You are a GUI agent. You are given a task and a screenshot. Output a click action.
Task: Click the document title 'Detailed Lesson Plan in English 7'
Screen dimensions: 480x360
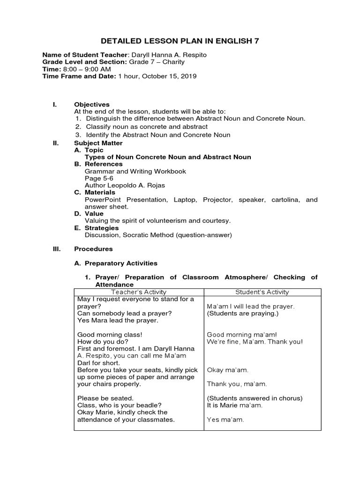tap(180, 41)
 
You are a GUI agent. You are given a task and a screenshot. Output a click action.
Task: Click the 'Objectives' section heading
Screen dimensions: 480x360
tap(92, 104)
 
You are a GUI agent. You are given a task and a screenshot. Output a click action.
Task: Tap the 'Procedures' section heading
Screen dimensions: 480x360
tap(93, 249)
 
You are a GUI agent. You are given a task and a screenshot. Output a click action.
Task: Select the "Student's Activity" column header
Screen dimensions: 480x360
tap(262, 292)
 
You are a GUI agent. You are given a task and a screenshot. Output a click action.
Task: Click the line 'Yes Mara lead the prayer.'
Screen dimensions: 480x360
tap(118, 321)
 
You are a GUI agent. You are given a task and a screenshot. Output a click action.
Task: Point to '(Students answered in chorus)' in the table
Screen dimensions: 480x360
tap(255, 398)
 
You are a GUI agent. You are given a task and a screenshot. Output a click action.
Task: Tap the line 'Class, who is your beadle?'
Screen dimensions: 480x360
tap(116, 405)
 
